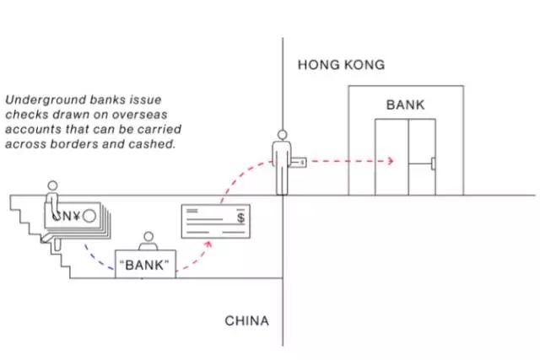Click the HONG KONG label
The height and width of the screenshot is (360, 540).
point(341,64)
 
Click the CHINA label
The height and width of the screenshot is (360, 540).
point(246,320)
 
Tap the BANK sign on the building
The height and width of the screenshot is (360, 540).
point(406,105)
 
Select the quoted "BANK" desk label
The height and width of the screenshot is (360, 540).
point(144,266)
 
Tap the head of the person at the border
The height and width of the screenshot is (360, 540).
point(282,134)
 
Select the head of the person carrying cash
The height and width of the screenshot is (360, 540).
point(53,185)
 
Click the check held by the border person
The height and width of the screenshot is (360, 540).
point(299,159)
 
